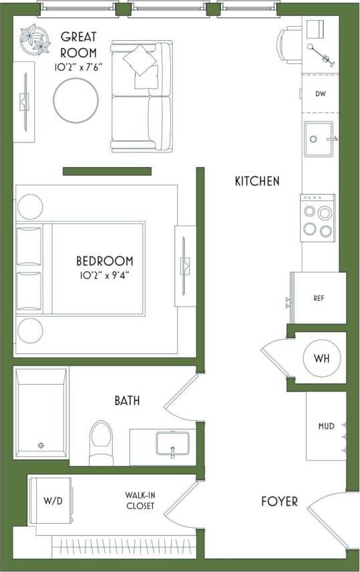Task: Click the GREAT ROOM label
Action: click(79, 44)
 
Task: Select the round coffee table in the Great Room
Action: click(76, 101)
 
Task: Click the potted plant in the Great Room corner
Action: click(34, 40)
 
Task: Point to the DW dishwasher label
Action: click(321, 94)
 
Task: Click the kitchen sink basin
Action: click(318, 140)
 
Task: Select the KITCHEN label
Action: click(257, 181)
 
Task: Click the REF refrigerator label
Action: click(319, 299)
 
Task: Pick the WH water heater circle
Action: click(322, 358)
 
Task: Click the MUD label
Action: click(325, 426)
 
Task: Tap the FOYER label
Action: click(279, 501)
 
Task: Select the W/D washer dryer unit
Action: click(52, 500)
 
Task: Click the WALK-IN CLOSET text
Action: click(140, 500)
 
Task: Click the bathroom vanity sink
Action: click(172, 444)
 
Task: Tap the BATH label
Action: click(127, 401)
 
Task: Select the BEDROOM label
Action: click(104, 261)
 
